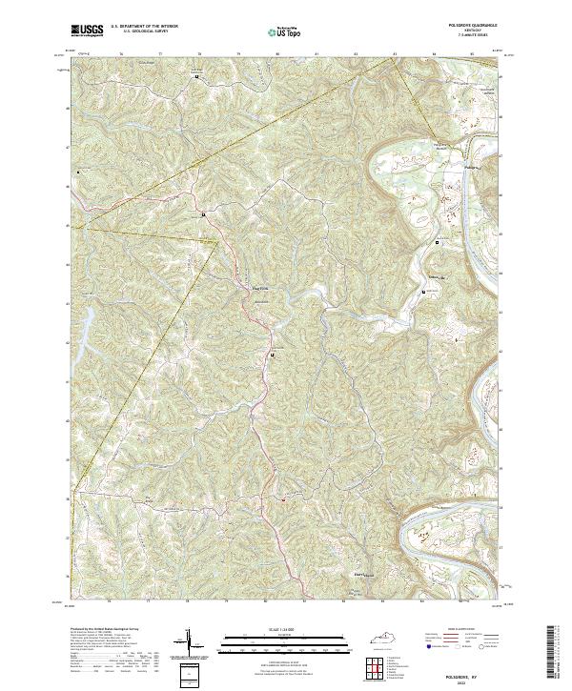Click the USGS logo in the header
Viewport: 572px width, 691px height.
87,30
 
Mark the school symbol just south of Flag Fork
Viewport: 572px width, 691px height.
273,356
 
